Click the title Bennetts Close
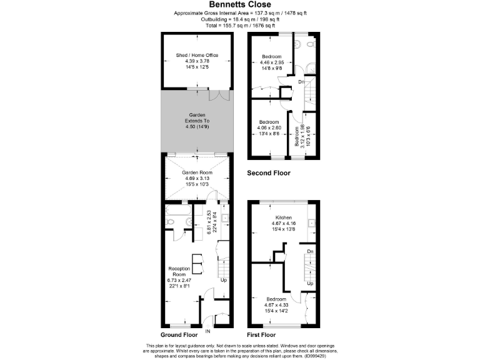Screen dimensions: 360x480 tap(239, 5)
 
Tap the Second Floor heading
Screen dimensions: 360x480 tap(271, 172)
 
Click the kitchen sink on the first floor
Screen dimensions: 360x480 tap(311, 222)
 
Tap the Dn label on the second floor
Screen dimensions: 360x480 tap(300, 82)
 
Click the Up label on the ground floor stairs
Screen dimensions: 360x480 tap(224, 279)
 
